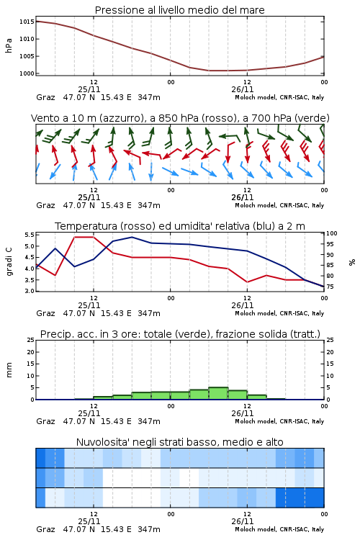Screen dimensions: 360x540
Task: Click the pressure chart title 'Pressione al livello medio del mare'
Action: pos(179,10)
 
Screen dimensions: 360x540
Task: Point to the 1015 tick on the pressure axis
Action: pos(27,22)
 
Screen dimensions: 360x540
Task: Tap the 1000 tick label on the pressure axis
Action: pos(27,73)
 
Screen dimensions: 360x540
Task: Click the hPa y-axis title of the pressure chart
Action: pos(9,45)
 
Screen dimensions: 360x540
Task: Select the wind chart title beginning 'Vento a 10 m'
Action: pos(180,118)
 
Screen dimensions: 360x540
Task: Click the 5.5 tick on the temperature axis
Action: pos(30,235)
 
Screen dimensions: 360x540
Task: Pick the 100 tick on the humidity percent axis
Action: pos(332,233)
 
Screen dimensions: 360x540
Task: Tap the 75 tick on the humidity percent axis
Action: pos(330,287)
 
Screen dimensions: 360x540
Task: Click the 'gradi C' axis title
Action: pos(9,261)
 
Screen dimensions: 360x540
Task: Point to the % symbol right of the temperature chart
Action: pos(352,262)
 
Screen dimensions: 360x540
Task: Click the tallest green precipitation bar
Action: pos(218,393)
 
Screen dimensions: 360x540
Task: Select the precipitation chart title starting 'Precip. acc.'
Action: pos(180,334)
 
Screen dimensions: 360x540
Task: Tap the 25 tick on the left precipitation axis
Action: pos(31,340)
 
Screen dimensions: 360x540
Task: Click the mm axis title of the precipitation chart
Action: pos(9,370)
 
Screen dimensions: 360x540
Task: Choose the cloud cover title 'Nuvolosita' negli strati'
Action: pos(179,442)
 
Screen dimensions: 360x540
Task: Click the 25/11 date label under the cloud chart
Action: pos(89,521)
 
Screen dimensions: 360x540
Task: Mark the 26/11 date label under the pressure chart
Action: pos(243,89)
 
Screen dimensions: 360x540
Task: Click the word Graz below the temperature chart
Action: pos(45,313)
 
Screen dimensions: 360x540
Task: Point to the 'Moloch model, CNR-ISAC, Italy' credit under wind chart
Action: pos(279,206)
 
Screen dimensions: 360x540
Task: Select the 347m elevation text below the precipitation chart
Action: pos(149,421)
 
